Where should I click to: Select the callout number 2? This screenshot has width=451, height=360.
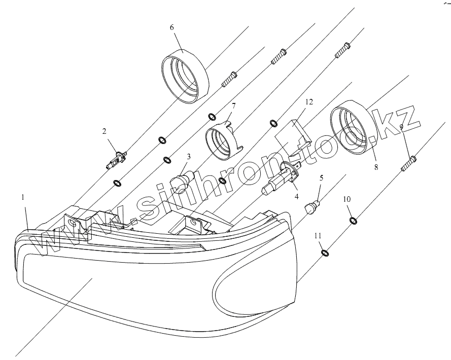105,131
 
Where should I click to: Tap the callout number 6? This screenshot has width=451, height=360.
172,27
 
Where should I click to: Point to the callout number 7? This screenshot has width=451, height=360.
233,106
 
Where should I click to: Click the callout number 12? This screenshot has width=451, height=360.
308,102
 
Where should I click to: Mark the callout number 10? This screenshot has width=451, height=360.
346,199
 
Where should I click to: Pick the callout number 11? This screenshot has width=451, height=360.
318,236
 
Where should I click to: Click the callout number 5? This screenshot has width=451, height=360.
321,177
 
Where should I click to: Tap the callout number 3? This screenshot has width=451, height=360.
188,157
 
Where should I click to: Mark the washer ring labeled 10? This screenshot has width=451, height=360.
353,221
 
